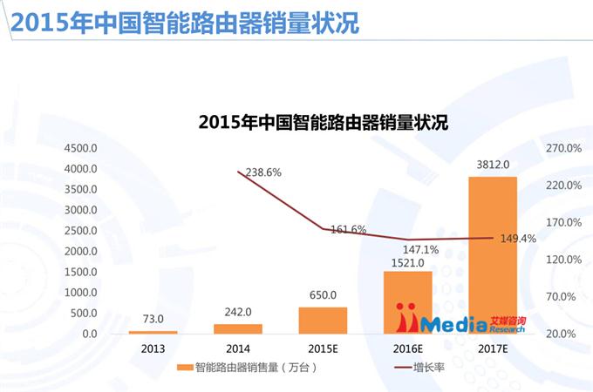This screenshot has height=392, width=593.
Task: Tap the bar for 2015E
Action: [x=323, y=320]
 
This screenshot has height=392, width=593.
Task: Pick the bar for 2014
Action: [x=237, y=328]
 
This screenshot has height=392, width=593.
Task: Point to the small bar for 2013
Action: [x=153, y=332]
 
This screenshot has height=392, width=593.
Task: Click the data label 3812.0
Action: [x=493, y=164]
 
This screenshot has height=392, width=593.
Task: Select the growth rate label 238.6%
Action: [x=262, y=172]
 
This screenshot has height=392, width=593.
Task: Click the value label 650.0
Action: [x=323, y=295]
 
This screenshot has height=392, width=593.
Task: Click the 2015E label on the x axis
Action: [x=323, y=348]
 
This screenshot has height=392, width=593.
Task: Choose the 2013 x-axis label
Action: [x=153, y=348]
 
